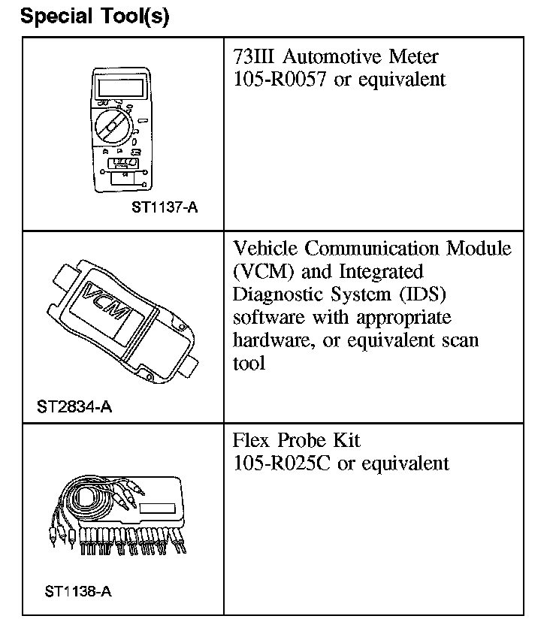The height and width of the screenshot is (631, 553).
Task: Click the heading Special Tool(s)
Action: (95, 17)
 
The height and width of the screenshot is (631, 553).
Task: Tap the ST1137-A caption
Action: (165, 207)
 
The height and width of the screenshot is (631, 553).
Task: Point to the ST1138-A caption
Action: (77, 590)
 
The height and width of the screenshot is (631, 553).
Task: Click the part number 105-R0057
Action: (280, 80)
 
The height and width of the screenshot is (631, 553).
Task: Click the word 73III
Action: (254, 57)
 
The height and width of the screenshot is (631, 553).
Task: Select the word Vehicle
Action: (269, 248)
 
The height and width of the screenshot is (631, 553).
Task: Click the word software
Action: (266, 316)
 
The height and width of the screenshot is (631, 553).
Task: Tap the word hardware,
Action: (270, 340)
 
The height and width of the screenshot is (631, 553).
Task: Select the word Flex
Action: (252, 439)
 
